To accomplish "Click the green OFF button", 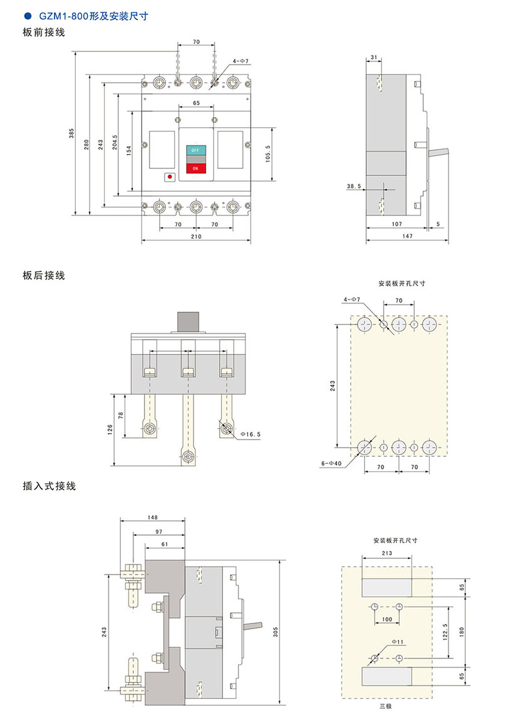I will click(195, 151).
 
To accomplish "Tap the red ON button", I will click(195, 168).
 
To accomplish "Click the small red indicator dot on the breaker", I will click(169, 177).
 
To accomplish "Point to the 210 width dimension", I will click(195, 237).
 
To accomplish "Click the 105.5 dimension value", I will click(268, 154).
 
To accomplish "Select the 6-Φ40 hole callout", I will click(330, 464).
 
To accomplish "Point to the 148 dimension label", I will click(152, 518).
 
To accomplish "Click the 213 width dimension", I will click(387, 553).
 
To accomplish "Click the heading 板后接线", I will click(44, 275).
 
